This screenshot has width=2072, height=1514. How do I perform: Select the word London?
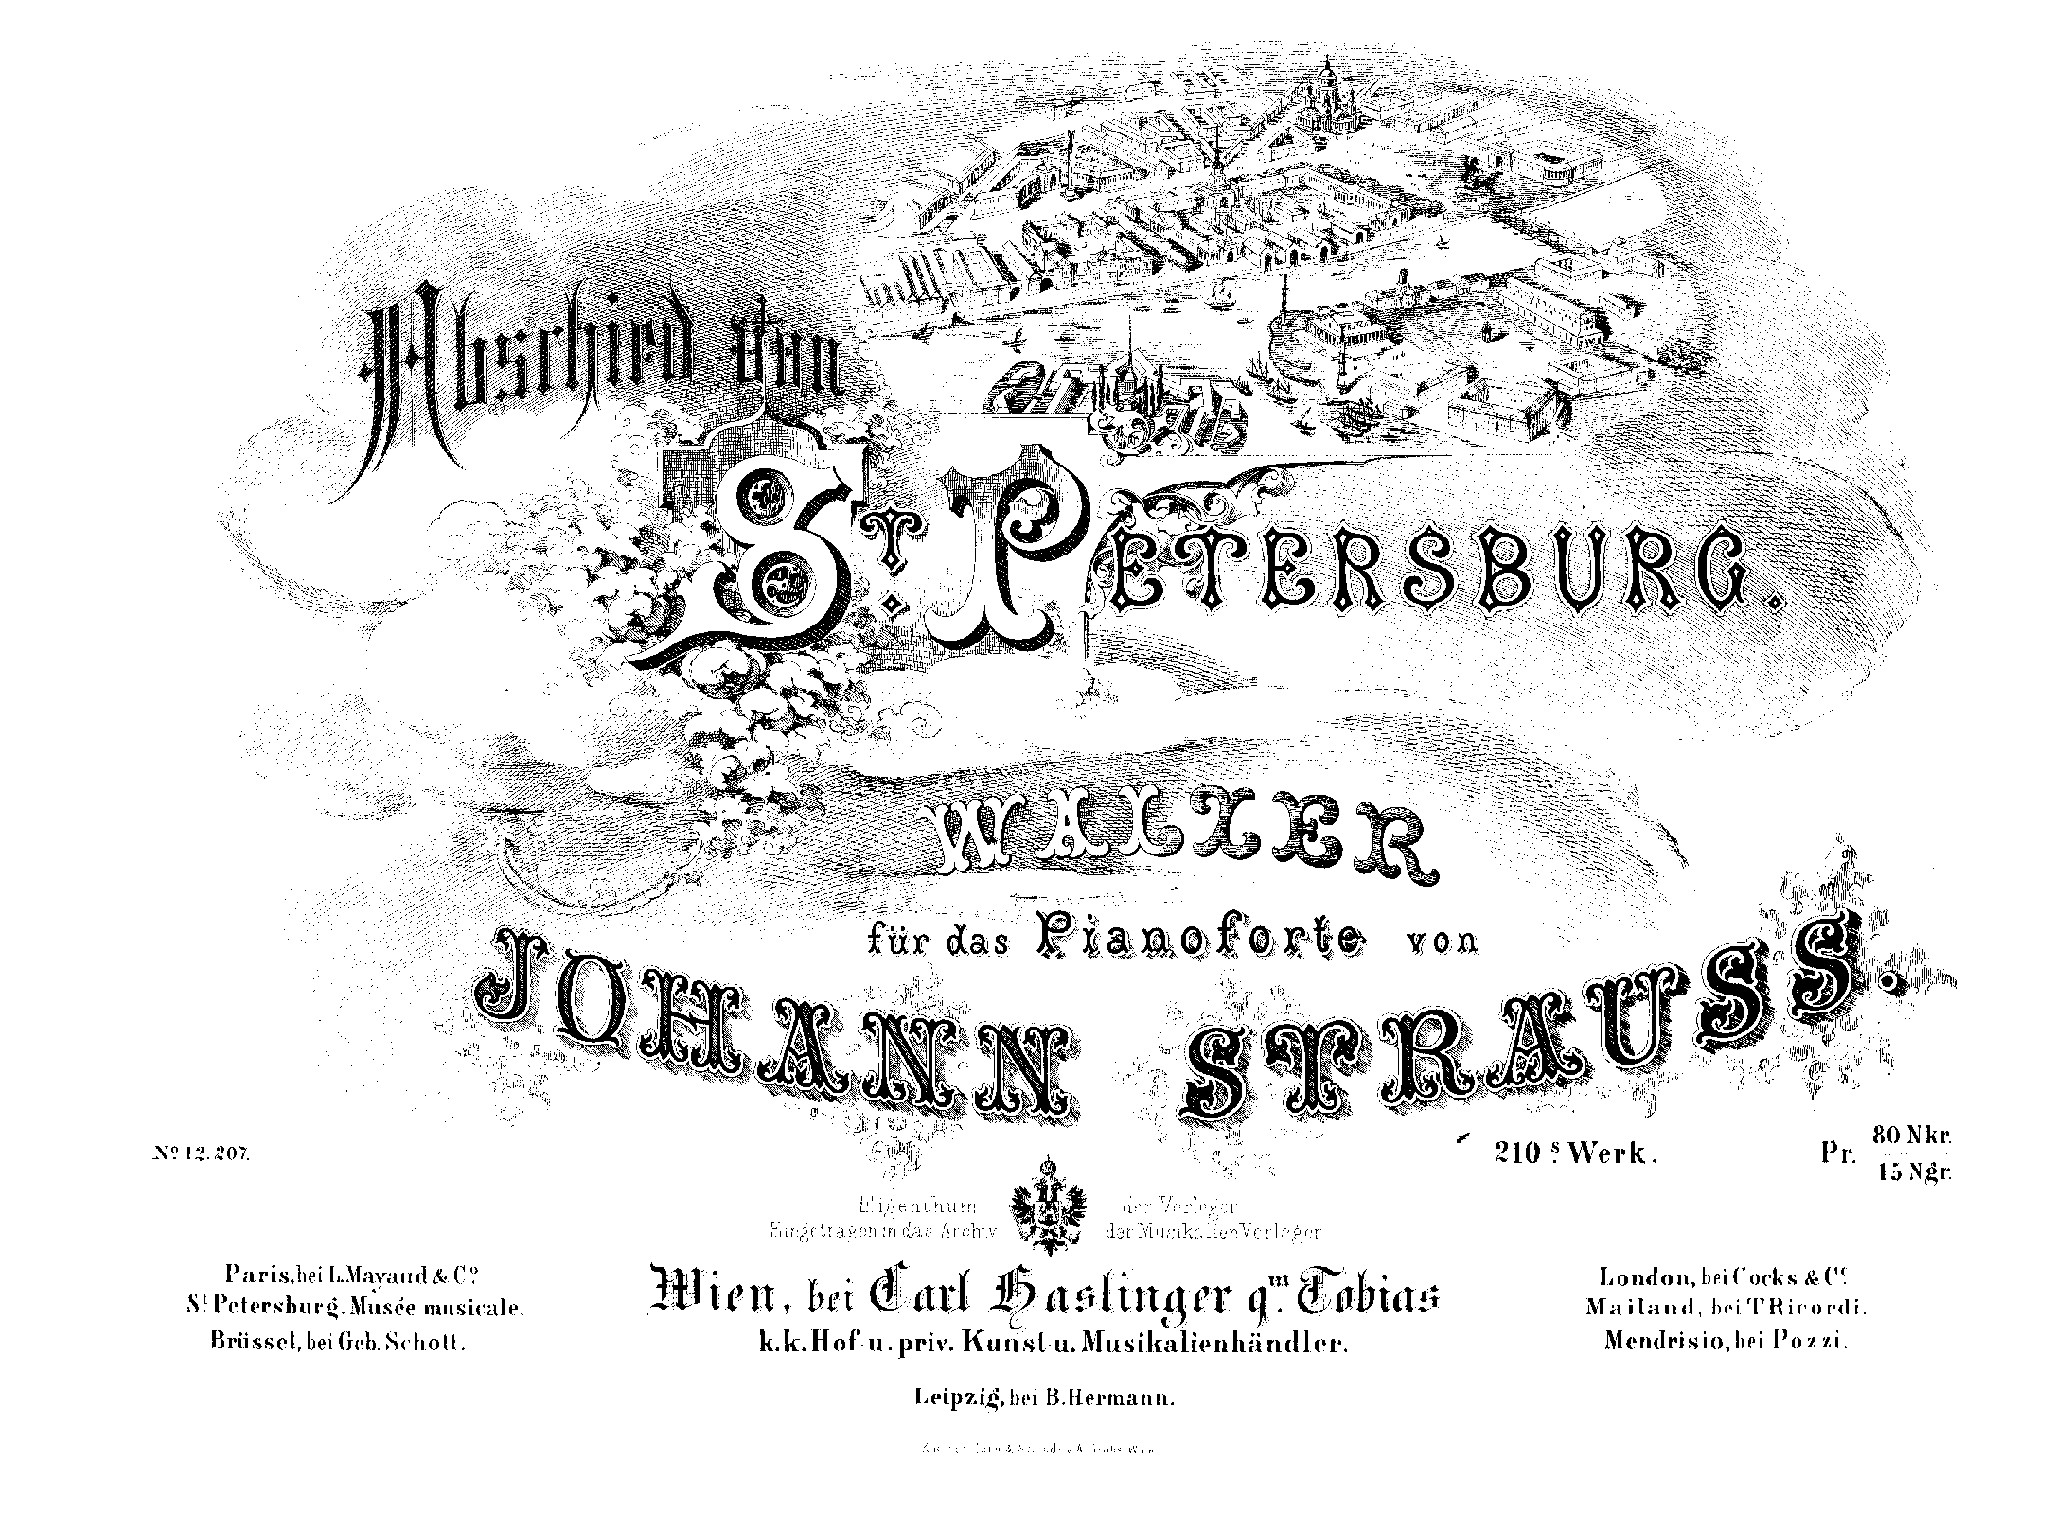(x=1645, y=1276)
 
